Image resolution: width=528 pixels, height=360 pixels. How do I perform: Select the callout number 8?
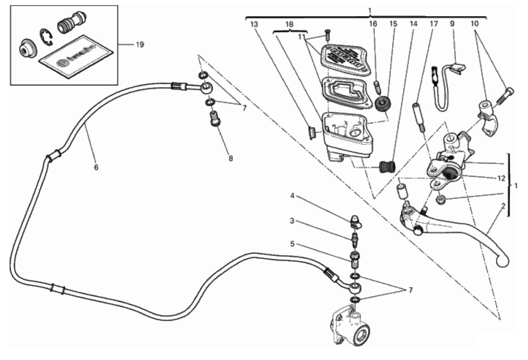[231, 159]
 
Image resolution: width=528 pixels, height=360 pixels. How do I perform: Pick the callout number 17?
[433, 25]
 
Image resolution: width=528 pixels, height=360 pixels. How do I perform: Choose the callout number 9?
[453, 25]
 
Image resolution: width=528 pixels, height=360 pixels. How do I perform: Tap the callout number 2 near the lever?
[503, 205]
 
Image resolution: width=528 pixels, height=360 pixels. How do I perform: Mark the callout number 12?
[502, 178]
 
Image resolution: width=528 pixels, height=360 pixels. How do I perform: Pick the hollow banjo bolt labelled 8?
[215, 118]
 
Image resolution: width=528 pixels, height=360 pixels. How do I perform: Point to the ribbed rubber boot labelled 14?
[387, 166]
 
